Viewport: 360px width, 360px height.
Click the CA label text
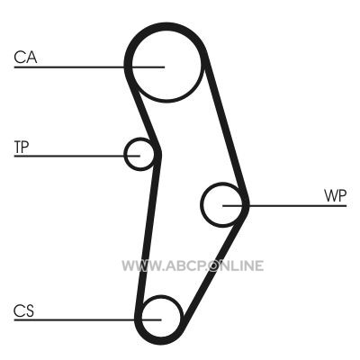coord(25,58)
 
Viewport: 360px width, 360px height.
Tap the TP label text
coord(22,147)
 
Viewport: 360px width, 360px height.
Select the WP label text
coord(335,196)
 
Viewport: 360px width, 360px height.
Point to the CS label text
coord(24,310)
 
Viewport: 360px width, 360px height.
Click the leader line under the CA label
coord(89,67)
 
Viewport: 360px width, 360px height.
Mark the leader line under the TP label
coord(77,156)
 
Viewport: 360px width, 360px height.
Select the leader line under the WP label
coord(284,206)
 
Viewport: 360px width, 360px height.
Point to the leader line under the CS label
coord(87,319)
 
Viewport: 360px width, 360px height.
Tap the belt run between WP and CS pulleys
coord(214,264)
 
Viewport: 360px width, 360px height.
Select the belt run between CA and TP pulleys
coord(142,111)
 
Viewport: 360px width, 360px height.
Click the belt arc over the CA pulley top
coord(166,26)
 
